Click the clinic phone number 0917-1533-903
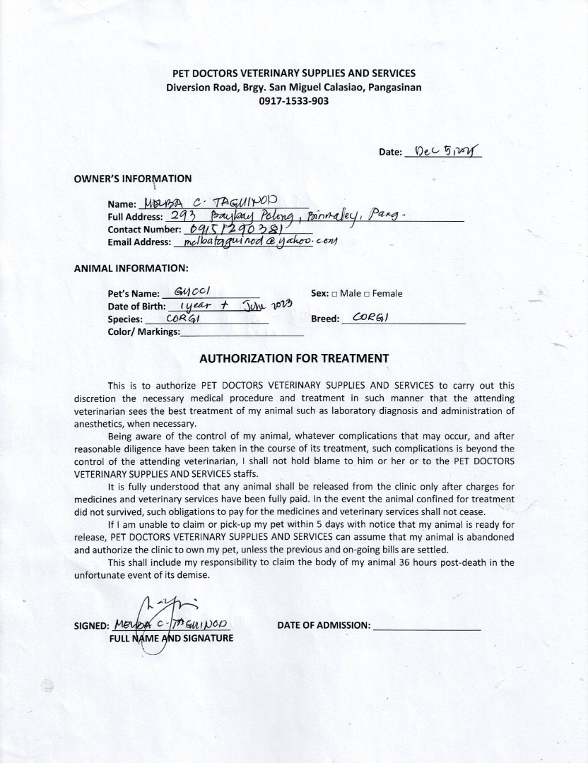tap(293, 101)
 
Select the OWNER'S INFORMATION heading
tap(132, 179)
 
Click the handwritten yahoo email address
tap(260, 242)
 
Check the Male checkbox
tap(334, 293)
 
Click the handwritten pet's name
tap(192, 292)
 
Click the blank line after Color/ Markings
tap(242, 333)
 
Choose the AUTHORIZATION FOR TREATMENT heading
tap(294, 358)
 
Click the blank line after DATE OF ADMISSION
tap(426, 626)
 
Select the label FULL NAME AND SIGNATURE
tap(171, 639)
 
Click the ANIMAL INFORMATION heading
tap(131, 268)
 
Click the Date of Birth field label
tap(136, 307)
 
